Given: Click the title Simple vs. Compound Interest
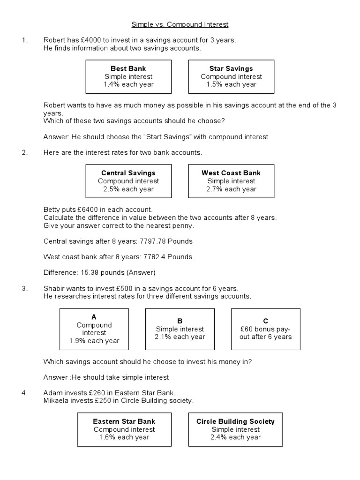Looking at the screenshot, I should click(x=180, y=24).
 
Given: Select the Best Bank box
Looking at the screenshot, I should click(x=128, y=76).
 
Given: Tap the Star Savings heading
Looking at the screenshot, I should click(x=231, y=68).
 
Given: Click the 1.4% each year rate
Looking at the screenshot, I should click(x=128, y=84).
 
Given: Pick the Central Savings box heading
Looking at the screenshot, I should click(x=128, y=173).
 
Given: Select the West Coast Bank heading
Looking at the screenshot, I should click(x=231, y=173).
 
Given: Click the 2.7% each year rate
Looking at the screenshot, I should click(x=231, y=189).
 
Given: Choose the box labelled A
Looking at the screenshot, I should click(x=94, y=329).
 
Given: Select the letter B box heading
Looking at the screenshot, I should click(x=180, y=321).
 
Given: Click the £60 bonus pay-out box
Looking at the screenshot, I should click(x=266, y=329).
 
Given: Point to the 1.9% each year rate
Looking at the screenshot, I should click(x=94, y=341).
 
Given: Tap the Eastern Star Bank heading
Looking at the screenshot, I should click(x=124, y=421).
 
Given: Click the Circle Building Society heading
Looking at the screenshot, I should click(x=235, y=421).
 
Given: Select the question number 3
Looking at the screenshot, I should click(x=24, y=288).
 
